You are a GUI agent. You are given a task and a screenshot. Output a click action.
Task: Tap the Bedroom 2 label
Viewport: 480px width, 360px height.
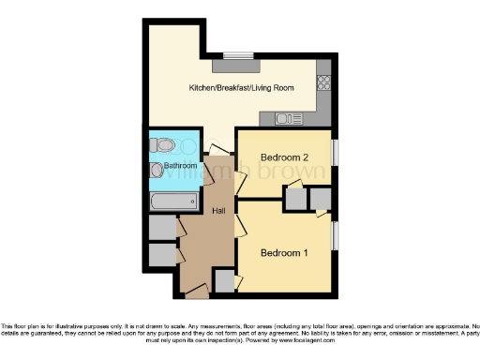[285, 157]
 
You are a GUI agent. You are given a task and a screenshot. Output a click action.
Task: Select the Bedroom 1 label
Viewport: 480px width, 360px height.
[284, 253]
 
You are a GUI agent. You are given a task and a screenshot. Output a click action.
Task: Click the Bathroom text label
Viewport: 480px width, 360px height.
[181, 166]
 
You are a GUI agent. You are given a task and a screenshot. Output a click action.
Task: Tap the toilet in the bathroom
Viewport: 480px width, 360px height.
[164, 145]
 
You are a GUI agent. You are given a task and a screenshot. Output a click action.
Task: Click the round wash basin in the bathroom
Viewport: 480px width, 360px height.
[157, 170]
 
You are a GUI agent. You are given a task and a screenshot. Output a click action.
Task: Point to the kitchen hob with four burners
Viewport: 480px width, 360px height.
[324, 82]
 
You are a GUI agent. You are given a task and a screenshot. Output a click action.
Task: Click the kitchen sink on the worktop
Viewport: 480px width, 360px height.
[287, 118]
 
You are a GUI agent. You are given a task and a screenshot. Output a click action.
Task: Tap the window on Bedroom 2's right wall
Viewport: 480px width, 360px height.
[335, 152]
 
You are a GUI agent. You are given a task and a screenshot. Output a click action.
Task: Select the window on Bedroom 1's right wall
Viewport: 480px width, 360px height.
[335, 235]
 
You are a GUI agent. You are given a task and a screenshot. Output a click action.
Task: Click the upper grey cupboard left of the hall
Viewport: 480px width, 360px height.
[161, 228]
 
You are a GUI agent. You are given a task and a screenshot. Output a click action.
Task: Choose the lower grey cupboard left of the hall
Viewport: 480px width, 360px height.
[161, 255]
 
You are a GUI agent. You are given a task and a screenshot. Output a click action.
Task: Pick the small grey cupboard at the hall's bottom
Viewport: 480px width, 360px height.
[223, 280]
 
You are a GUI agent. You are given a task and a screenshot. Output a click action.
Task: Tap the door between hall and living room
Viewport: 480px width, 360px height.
[217, 150]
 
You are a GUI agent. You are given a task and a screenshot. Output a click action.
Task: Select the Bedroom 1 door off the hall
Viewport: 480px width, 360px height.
[240, 225]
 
